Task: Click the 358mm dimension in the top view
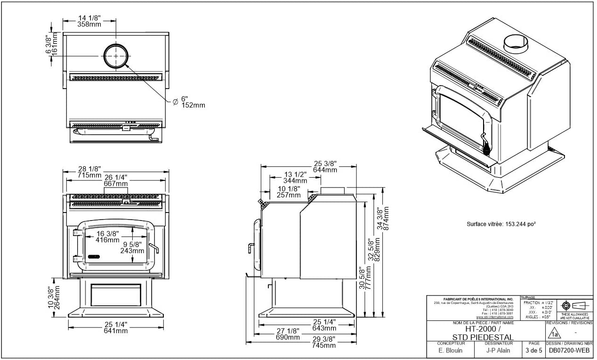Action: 89,24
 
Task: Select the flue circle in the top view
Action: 115,56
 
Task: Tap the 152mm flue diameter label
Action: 194,105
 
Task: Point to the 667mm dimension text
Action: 116,184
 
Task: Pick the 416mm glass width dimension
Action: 107,239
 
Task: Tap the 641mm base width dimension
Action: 116,331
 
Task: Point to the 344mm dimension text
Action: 295,180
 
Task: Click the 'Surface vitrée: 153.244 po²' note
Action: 501,224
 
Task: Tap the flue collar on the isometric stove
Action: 516,43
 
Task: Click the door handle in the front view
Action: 154,248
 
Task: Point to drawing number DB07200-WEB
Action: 569,351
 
